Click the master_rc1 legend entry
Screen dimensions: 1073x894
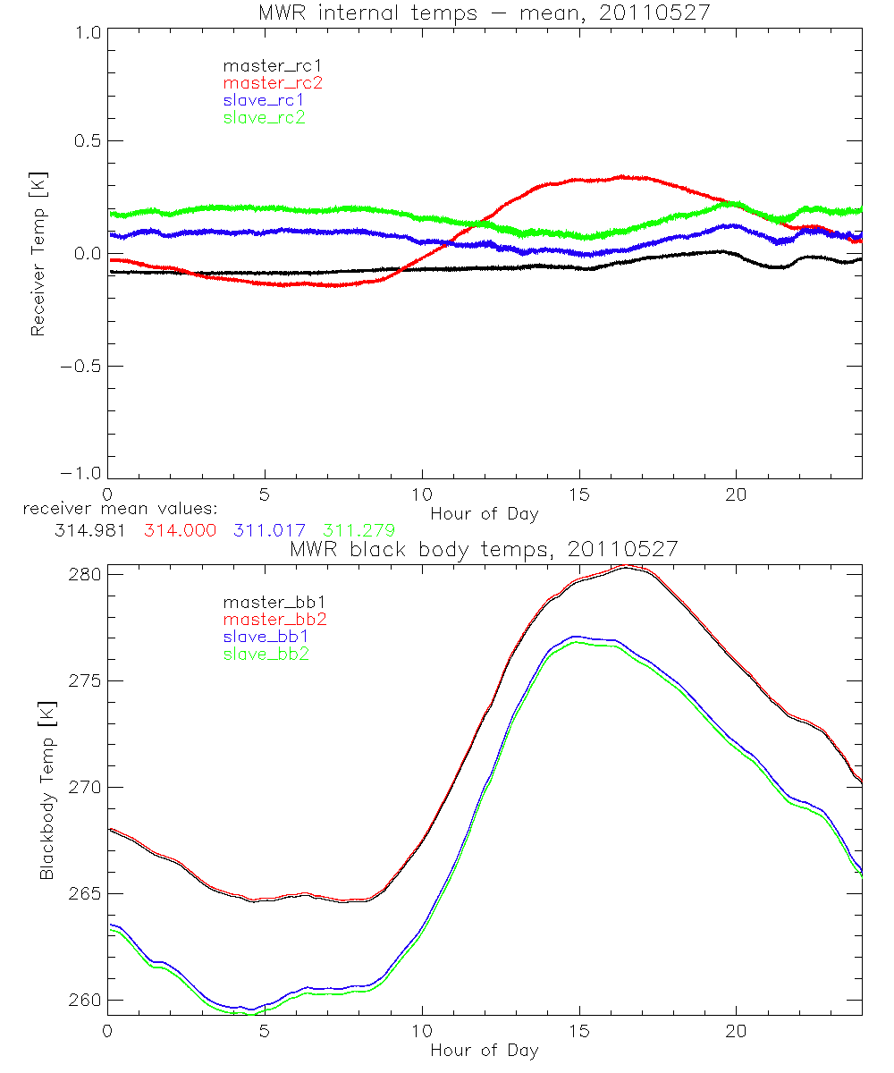pos(265,65)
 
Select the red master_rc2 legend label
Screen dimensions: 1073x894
pos(272,83)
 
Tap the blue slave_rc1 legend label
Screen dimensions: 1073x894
pos(265,100)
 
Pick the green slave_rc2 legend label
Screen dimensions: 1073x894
pos(265,117)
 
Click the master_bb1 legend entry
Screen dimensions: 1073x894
pos(267,602)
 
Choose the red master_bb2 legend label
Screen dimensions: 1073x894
pos(267,619)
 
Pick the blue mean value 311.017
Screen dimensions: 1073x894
pos(273,530)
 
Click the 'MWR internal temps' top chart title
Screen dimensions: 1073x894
pos(484,13)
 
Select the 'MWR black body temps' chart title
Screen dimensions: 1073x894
pos(484,549)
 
